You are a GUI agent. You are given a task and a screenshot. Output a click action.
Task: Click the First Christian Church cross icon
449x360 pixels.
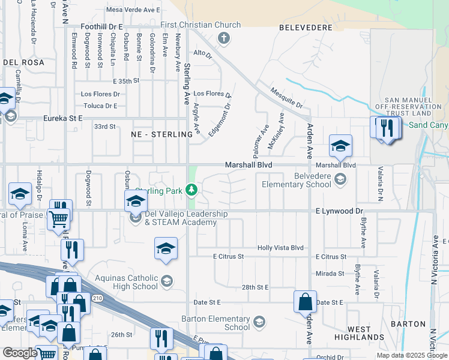(223, 39)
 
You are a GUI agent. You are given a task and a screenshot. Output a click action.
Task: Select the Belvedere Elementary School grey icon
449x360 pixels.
(340, 178)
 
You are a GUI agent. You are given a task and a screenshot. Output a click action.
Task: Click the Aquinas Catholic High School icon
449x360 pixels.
(167, 280)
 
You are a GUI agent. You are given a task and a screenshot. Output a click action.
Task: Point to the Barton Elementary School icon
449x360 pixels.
(259, 322)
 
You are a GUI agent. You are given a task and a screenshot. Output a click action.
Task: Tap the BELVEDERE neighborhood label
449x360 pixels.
(306, 28)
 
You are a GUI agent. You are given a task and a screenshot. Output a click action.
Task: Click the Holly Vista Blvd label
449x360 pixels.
(280, 248)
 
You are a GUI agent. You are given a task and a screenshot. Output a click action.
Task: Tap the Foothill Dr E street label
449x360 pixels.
(101, 27)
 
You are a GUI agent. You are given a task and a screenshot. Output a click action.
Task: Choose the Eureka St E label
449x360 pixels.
(62, 119)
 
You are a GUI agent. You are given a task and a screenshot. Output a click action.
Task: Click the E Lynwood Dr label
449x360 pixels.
(339, 211)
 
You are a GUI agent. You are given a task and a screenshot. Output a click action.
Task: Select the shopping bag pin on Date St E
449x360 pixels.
(305, 301)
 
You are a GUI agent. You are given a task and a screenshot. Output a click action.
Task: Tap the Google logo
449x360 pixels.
(20, 353)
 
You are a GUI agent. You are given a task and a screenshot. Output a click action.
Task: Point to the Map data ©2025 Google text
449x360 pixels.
(411, 355)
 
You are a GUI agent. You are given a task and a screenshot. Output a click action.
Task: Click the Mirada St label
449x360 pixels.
(330, 274)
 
